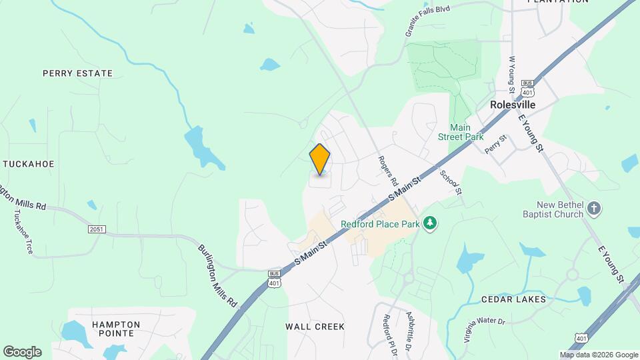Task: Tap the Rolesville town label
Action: (x=513, y=105)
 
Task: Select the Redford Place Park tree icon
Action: (x=431, y=223)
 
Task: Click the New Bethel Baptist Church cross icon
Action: (x=595, y=210)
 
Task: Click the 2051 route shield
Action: (x=97, y=229)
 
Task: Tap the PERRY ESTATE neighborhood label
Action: (x=77, y=73)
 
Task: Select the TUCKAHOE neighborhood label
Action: (x=29, y=163)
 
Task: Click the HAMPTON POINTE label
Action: (x=116, y=329)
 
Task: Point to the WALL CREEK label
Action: (x=315, y=327)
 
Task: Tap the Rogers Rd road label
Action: (x=388, y=171)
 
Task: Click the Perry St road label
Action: (x=497, y=145)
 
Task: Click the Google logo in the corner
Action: (x=22, y=352)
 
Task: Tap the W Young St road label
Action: (x=512, y=75)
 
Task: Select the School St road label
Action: (x=451, y=181)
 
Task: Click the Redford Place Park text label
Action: (x=380, y=224)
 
